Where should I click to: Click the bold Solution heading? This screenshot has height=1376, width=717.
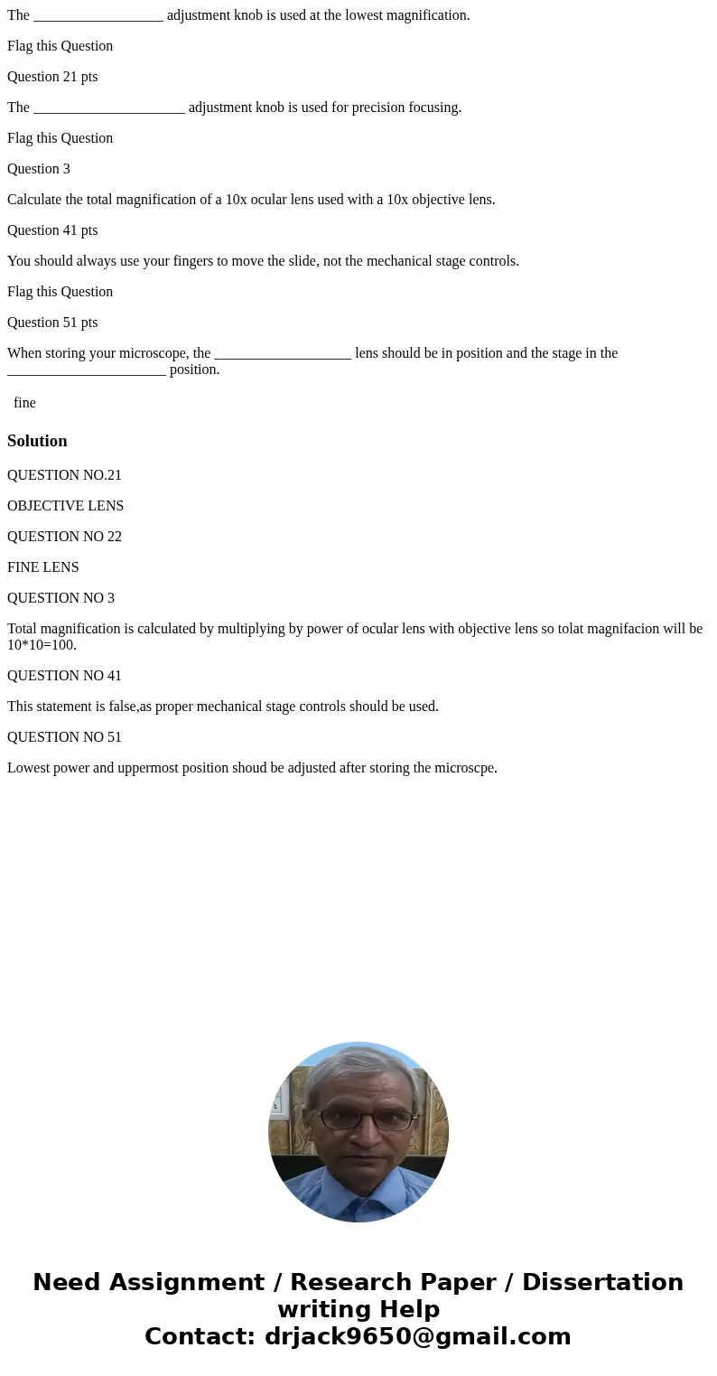click(37, 441)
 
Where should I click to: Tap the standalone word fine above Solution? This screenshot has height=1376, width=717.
click(24, 403)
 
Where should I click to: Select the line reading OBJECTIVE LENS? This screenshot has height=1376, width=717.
click(65, 506)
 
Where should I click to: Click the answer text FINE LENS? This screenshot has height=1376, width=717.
click(42, 567)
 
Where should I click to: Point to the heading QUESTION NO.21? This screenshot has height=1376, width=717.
click(64, 475)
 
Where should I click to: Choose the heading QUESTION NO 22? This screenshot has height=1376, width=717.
click(64, 537)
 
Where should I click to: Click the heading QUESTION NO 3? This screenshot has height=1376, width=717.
click(61, 598)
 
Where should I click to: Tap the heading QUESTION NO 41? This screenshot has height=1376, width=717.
click(64, 676)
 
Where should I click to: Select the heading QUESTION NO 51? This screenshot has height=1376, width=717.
click(64, 737)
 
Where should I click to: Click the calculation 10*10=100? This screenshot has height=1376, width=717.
click(42, 645)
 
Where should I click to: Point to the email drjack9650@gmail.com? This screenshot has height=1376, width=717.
click(417, 1336)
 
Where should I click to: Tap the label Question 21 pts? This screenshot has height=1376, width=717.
click(52, 77)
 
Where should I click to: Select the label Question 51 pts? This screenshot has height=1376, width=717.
click(52, 323)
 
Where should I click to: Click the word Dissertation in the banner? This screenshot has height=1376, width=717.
click(602, 1282)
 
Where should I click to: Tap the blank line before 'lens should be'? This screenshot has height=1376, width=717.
click(283, 353)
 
